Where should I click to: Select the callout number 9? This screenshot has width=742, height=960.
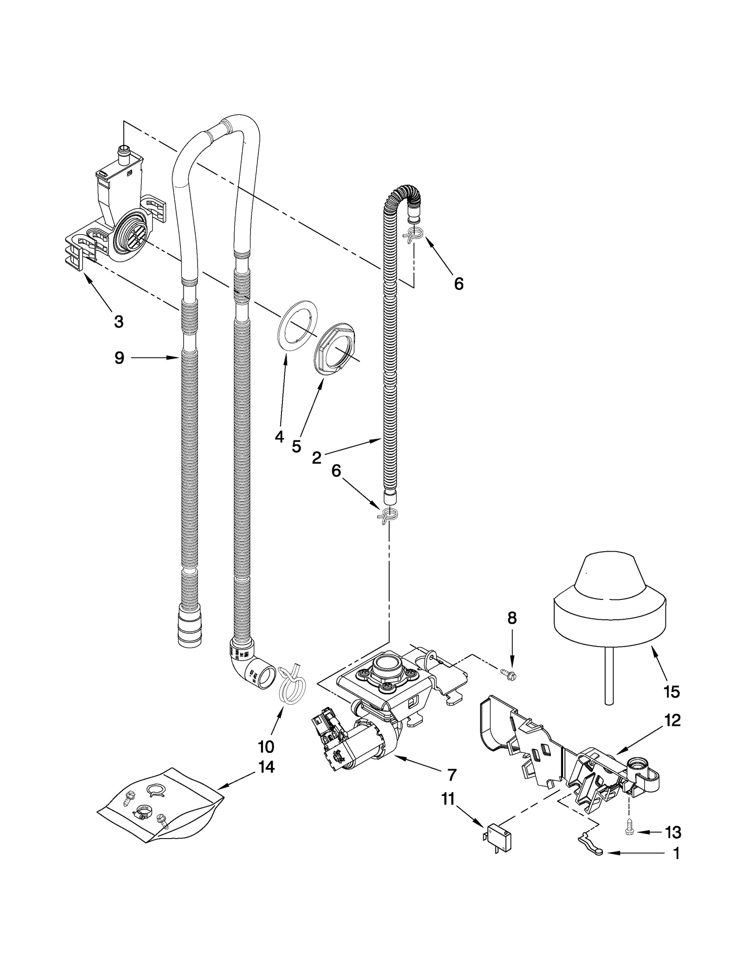coord(119,358)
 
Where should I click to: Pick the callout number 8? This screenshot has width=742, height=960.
coord(512,618)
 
